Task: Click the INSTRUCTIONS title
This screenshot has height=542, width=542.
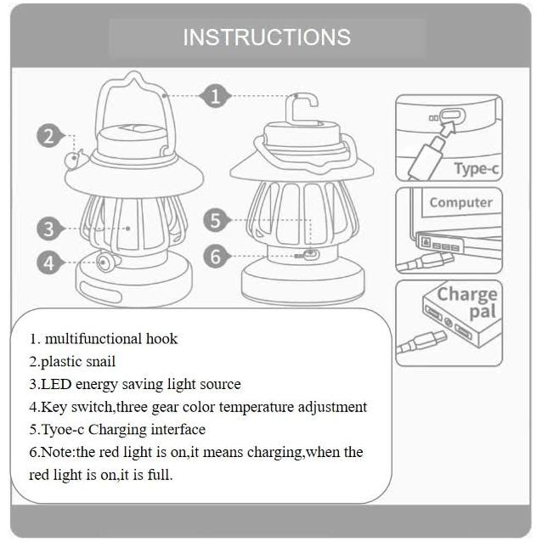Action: coord(267,37)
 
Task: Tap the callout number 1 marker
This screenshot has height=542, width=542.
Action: coord(215,96)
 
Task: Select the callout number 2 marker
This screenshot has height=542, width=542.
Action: coord(50,136)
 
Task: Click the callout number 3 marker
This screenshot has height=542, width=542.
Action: coord(50,229)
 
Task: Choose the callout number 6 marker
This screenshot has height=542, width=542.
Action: coord(216,257)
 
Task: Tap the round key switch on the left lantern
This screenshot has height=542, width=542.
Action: coord(104,263)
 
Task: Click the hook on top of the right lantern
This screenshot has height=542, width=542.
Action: coord(301,108)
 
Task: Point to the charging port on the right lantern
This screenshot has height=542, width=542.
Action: coord(312,255)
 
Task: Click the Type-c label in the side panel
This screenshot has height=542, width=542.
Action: coord(477,169)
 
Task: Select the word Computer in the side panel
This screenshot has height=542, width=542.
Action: coord(460,202)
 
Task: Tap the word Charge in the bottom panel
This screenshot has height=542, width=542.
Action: coord(467,295)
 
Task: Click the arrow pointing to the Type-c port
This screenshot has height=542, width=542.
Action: coord(449,128)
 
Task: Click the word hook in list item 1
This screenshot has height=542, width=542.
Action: coord(161,338)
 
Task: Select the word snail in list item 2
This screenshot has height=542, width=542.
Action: coord(100,361)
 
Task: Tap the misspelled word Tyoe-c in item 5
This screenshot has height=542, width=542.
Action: coord(63,430)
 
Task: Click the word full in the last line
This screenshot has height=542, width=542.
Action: coord(160,475)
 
